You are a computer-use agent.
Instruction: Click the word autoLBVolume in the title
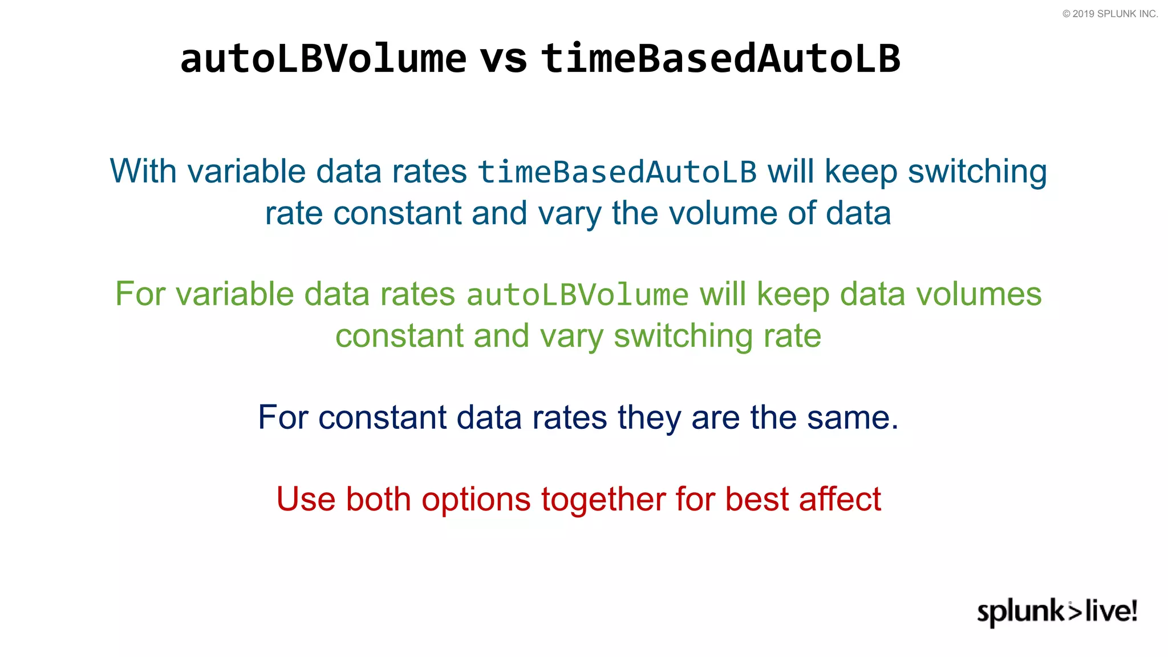click(323, 59)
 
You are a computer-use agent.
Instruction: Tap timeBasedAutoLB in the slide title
click(721, 59)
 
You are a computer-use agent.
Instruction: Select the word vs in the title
click(504, 59)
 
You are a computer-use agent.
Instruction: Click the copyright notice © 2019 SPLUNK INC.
click(1110, 14)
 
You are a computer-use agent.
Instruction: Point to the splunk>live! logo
click(1057, 611)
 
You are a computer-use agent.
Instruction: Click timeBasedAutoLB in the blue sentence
click(617, 172)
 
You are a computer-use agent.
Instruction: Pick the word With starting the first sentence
click(143, 171)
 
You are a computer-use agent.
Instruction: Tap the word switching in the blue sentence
click(977, 172)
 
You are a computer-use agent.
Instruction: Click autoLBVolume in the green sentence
click(577, 295)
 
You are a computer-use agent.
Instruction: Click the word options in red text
click(476, 500)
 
